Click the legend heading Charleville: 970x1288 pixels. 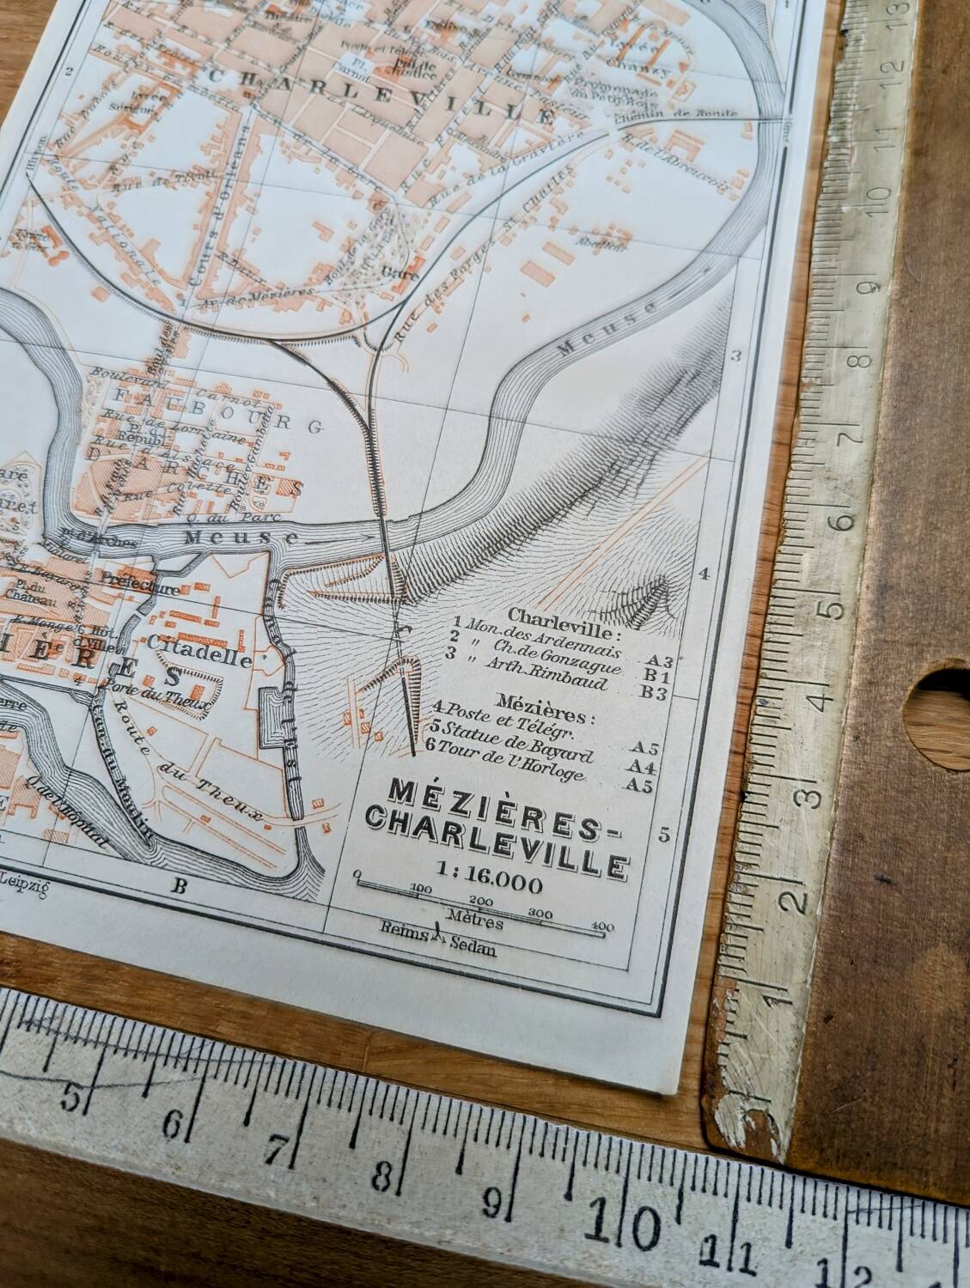click(563, 617)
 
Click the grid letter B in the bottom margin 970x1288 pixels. click(179, 888)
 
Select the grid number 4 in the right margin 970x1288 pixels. click(704, 575)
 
